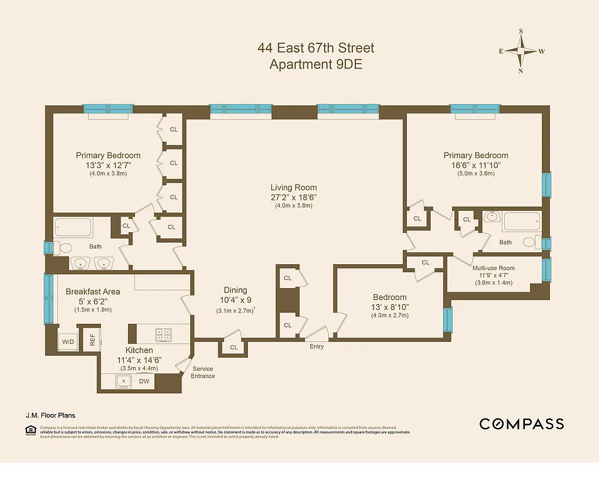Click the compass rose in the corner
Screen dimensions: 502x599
pyautogui.click(x=521, y=51)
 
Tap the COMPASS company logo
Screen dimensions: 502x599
pyautogui.click(x=521, y=424)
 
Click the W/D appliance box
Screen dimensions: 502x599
pyautogui.click(x=67, y=340)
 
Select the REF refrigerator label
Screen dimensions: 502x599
pyautogui.click(x=92, y=339)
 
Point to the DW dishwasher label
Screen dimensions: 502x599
pyautogui.click(x=144, y=381)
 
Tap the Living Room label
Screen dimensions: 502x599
pyautogui.click(x=293, y=188)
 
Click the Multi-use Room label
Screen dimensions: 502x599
pyautogui.click(x=493, y=268)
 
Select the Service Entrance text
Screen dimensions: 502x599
pyautogui.click(x=203, y=372)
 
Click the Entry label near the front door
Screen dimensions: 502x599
pyautogui.click(x=316, y=346)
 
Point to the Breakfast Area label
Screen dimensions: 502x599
pyautogui.click(x=93, y=292)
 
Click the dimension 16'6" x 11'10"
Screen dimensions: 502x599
pyautogui.click(x=475, y=165)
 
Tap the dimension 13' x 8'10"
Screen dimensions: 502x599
pyautogui.click(x=389, y=307)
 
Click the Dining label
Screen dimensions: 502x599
pyautogui.click(x=235, y=290)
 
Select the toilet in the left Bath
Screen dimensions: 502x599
pyautogui.click(x=59, y=248)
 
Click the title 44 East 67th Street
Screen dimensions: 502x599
pyautogui.click(x=315, y=48)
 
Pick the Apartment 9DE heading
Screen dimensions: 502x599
pyautogui.click(x=315, y=64)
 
